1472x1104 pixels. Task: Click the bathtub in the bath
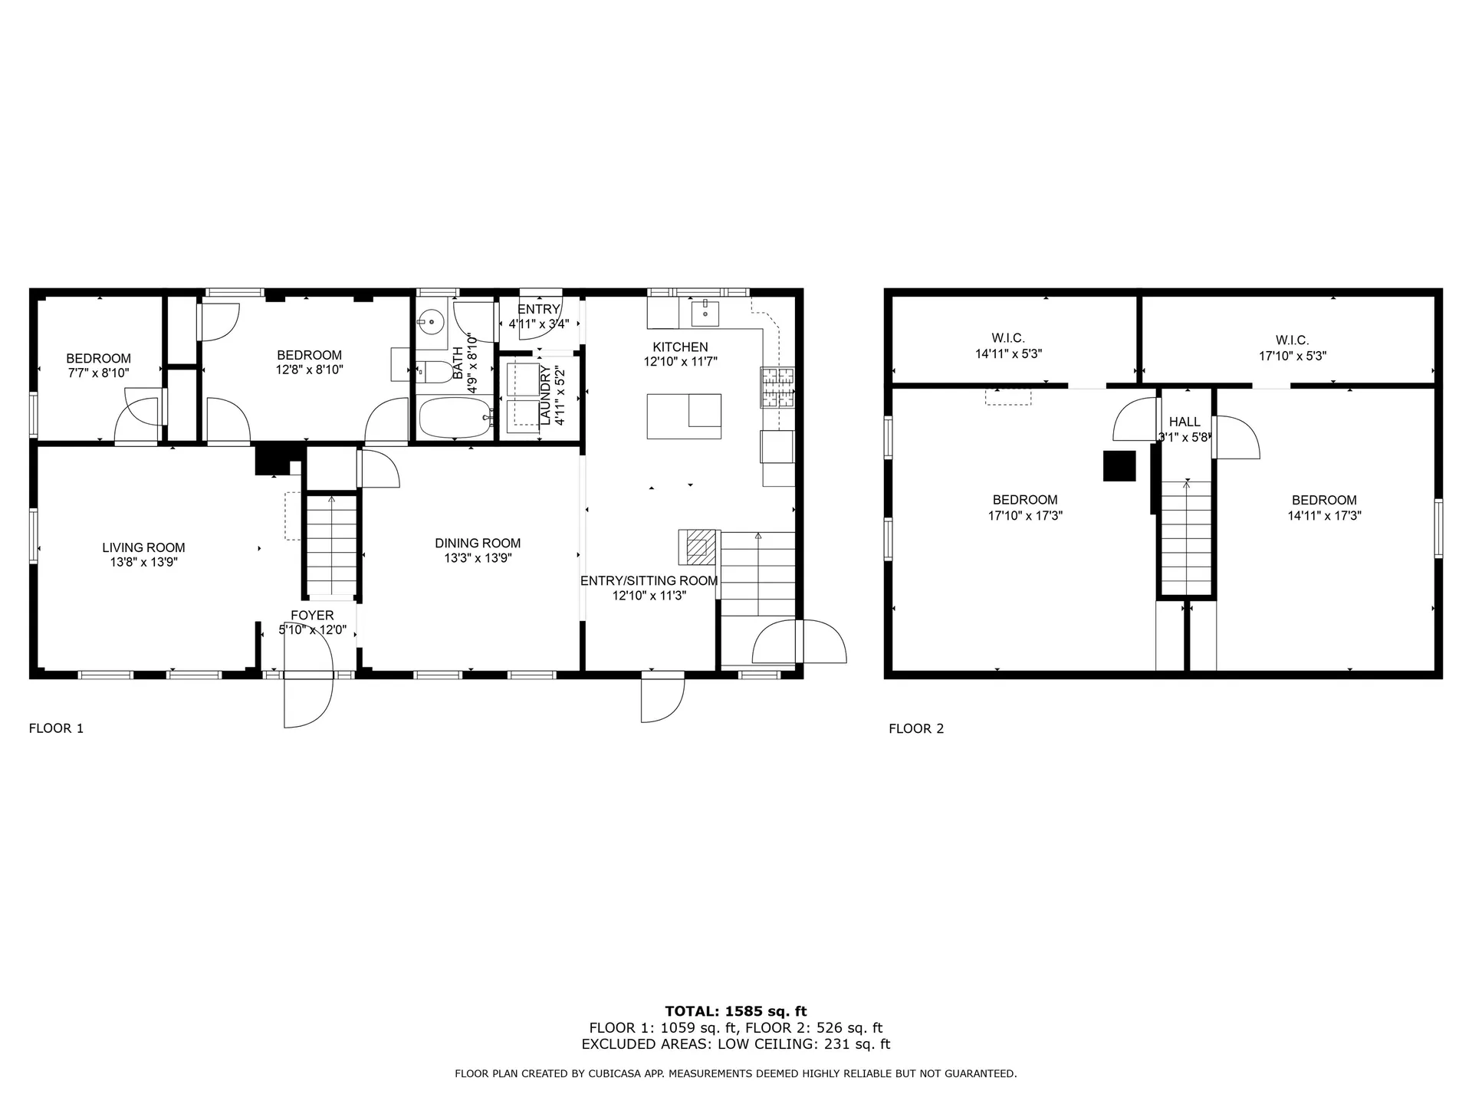click(455, 417)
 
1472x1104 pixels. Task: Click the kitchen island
click(684, 416)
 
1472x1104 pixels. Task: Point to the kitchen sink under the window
click(705, 313)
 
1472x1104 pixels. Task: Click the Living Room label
click(143, 547)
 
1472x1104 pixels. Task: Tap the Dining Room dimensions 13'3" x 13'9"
click(478, 558)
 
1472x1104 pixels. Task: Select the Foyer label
click(312, 616)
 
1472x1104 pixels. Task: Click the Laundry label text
click(545, 395)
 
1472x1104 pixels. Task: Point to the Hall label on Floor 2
click(1184, 422)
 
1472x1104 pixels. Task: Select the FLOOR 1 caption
click(56, 728)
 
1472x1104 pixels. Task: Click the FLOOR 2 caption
click(916, 728)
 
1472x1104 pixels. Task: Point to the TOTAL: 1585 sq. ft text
click(736, 1011)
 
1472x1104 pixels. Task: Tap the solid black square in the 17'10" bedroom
click(1119, 466)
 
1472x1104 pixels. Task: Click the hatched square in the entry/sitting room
click(698, 547)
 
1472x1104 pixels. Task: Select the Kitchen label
click(680, 347)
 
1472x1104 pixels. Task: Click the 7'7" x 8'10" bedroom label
click(98, 366)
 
